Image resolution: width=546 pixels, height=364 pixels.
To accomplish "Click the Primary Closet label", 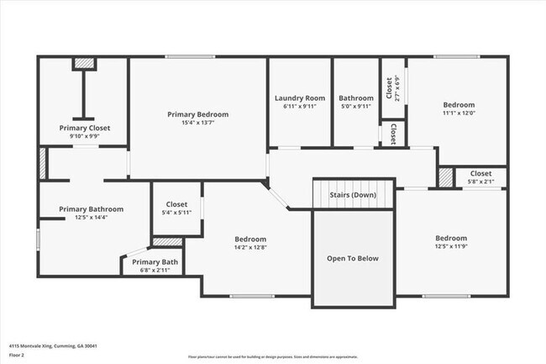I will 84,128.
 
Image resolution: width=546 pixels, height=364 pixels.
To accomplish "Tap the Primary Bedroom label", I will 197,114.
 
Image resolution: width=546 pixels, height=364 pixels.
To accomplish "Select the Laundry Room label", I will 300,98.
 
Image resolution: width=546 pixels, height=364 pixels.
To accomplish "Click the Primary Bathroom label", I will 92,209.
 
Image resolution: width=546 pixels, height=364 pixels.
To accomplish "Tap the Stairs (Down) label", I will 353,194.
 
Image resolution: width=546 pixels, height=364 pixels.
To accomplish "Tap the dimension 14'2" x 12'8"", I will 250,247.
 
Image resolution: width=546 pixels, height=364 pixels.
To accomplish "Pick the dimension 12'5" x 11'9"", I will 451,247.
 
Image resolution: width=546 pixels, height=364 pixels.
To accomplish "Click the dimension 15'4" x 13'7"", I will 197,123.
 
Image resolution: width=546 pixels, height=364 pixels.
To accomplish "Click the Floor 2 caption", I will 18,355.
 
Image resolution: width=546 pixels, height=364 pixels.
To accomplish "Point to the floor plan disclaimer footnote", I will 272,356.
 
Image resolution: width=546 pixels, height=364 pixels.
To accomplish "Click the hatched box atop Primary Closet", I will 84,63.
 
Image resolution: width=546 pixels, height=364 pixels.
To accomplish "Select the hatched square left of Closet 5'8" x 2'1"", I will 445,177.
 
